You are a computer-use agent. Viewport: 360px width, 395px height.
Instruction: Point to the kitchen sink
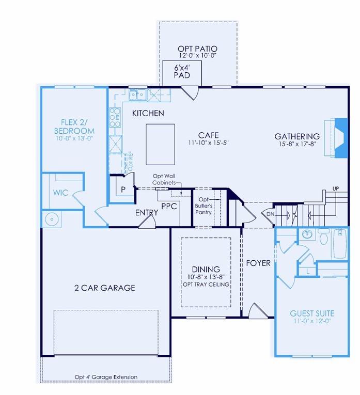pyautogui.click(x=138, y=94)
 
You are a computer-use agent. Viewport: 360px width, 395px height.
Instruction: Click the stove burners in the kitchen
pyautogui.click(x=114, y=118)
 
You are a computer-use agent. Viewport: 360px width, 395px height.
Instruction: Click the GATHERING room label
pyautogui.click(x=296, y=136)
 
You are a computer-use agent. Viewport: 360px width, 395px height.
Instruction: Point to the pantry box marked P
pyautogui.click(x=123, y=189)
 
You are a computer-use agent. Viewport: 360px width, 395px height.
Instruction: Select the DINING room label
pyautogui.click(x=206, y=269)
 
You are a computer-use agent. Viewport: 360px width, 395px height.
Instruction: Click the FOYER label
pyautogui.click(x=258, y=263)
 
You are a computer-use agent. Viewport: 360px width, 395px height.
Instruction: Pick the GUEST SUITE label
pyautogui.click(x=311, y=313)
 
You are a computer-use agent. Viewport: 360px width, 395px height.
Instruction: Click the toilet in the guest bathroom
pyautogui.click(x=324, y=237)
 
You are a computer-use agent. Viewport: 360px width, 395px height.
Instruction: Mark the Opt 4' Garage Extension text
pyautogui.click(x=106, y=376)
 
